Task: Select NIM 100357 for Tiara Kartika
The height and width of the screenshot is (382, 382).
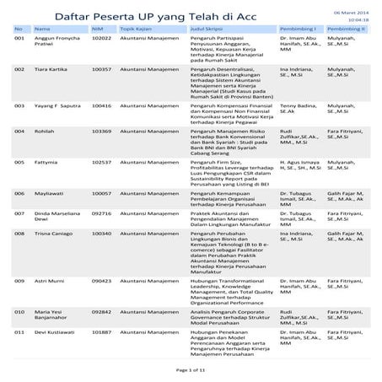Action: coord(102,68)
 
